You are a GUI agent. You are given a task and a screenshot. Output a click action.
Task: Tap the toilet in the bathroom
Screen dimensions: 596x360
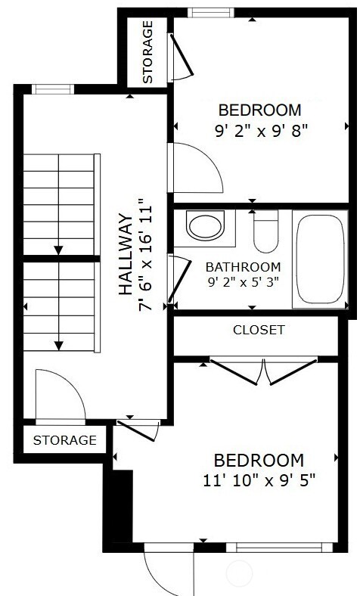click(265, 233)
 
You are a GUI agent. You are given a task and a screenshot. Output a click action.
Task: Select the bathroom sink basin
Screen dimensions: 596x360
click(205, 226)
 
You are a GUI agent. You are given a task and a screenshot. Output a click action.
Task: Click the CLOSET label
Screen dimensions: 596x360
click(259, 330)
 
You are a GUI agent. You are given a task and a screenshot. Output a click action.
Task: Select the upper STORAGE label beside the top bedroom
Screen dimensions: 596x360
click(147, 51)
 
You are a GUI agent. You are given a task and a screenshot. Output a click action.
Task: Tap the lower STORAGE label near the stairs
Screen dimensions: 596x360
click(65, 439)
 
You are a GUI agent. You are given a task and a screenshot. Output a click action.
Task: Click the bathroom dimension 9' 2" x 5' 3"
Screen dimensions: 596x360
click(243, 282)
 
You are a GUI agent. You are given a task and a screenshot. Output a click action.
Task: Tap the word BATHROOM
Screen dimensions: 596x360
click(243, 267)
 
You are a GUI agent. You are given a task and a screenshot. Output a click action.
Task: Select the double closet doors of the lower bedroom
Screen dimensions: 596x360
click(262, 371)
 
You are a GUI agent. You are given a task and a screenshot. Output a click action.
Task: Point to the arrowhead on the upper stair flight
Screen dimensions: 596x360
click(57, 249)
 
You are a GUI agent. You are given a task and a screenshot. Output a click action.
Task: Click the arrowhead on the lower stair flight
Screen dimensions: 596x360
click(57, 346)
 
